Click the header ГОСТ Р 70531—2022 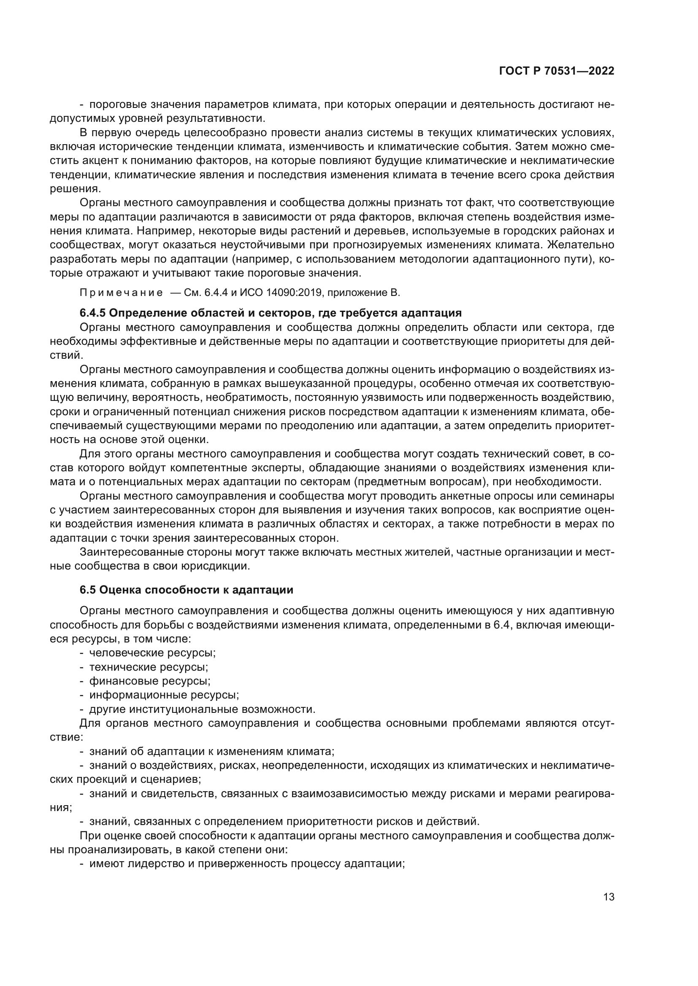coord(557,71)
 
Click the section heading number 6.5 coord(87,590)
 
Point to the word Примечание coord(122,293)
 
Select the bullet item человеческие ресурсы coord(152,653)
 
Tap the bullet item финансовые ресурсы coord(149,681)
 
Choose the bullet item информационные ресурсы coord(164,695)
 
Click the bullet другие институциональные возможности coord(203,709)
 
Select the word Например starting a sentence coord(162,231)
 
